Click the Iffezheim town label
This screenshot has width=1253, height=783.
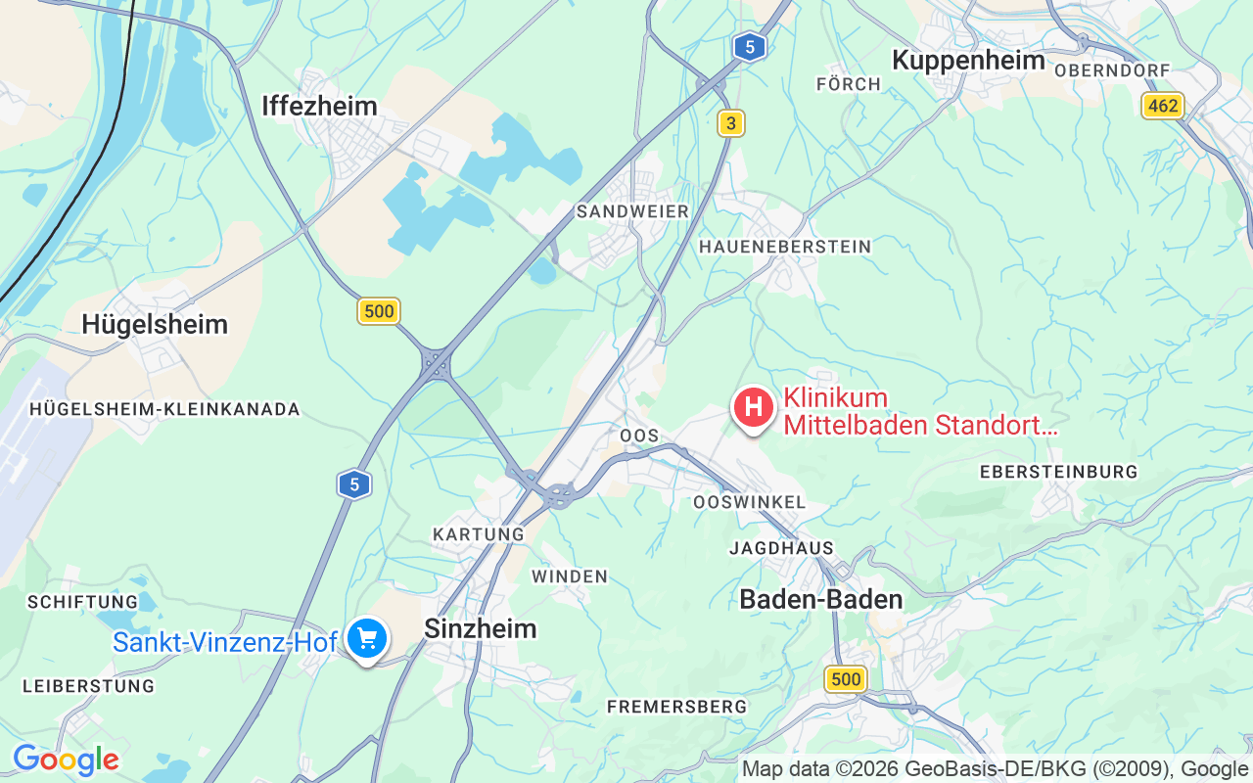319,106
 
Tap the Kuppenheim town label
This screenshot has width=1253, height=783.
967,60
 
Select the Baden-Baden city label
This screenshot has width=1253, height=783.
820,599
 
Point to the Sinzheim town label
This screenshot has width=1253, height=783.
480,628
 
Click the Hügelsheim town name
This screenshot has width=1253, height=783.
155,324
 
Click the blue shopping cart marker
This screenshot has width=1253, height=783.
367,638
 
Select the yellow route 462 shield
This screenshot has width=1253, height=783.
1163,106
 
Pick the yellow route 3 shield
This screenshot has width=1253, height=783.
730,122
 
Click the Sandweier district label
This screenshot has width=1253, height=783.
632,211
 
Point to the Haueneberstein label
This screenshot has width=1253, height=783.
784,247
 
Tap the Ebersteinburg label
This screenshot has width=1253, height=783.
1058,472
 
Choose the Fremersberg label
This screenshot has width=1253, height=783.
676,706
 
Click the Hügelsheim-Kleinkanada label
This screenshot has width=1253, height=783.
164,409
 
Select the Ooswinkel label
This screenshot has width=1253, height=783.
749,502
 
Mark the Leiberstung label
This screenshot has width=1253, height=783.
88,686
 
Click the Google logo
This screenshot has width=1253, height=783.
66,760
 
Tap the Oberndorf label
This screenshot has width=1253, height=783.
1112,70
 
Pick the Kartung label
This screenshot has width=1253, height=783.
479,534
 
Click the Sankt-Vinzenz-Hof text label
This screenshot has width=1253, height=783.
224,642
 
